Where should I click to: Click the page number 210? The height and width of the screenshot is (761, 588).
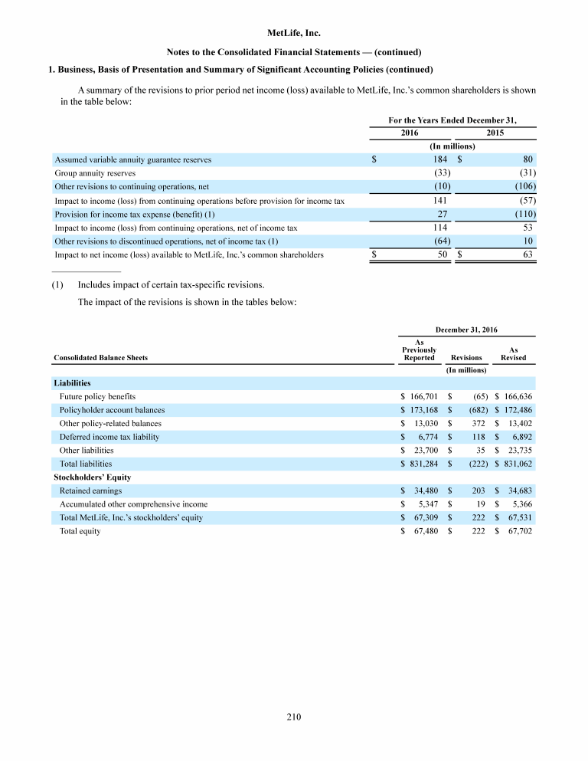[294, 717]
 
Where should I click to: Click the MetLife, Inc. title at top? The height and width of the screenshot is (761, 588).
[294, 34]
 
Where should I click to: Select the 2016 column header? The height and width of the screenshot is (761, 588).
[410, 133]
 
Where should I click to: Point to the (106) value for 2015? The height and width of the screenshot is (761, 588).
[524, 186]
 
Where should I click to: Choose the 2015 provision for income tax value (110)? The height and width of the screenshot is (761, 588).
[524, 214]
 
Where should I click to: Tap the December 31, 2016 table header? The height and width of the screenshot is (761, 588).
[466, 330]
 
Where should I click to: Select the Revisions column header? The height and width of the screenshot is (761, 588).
[466, 357]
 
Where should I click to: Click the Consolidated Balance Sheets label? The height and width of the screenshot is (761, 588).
[100, 357]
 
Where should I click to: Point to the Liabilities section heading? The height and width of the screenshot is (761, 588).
[72, 382]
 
